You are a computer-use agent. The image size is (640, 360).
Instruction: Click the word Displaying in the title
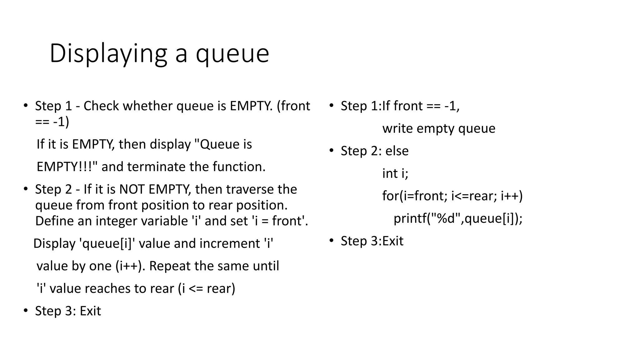click(x=108, y=54)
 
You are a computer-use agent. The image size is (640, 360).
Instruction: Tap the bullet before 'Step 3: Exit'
click(x=26, y=311)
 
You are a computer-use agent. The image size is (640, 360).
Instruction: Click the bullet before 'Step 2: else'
click(x=332, y=151)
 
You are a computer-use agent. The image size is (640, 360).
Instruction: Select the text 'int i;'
click(x=395, y=173)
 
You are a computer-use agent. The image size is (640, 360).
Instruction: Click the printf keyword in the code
click(x=409, y=218)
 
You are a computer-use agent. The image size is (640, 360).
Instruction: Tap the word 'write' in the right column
click(x=397, y=128)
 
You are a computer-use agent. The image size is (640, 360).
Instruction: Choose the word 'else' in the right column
click(x=397, y=151)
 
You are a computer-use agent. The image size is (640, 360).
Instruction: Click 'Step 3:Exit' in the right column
click(x=372, y=241)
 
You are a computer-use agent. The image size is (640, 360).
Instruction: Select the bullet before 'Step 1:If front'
click(x=332, y=106)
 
